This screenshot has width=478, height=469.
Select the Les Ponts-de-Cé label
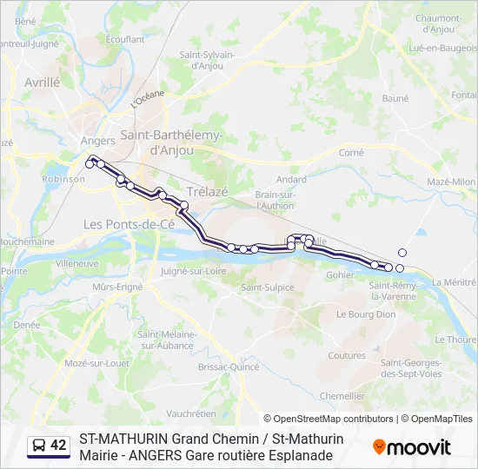coord(128,224)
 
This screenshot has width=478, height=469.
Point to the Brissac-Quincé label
coord(204,367)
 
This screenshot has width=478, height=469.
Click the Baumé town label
coord(395,98)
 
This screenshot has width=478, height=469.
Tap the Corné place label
coord(351,152)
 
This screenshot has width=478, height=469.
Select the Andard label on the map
coord(291,180)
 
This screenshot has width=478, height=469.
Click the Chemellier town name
coord(342,395)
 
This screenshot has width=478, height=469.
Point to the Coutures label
coord(347,355)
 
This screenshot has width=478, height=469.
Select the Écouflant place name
coord(125,39)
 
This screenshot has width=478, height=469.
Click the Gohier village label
coord(340,274)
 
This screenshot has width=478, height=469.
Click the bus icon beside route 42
coord(39,446)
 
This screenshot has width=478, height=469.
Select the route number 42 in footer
coord(58,446)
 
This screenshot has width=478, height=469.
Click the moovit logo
coord(412,447)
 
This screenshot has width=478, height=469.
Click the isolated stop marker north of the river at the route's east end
coord(402,253)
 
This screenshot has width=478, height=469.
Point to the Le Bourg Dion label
coord(366,314)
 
